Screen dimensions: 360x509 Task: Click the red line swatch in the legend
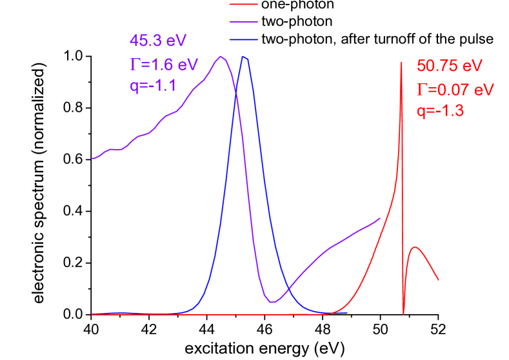tap(244, 5)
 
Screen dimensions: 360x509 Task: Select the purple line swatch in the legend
tap(244, 22)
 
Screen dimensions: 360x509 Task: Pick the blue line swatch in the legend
tap(244, 40)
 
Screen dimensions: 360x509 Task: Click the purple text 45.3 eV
tap(158, 41)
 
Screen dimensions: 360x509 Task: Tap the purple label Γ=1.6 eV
tap(161, 64)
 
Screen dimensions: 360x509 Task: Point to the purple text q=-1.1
tap(153, 86)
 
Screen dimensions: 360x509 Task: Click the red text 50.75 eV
tap(449, 66)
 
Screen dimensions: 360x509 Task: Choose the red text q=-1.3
tap(441, 111)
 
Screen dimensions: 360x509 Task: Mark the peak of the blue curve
tap(245, 57)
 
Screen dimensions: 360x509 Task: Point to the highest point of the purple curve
tap(221, 57)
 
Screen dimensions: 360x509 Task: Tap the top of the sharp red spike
tap(401, 62)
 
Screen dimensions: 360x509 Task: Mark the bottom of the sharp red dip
tap(403, 314)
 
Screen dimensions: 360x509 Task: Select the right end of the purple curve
tap(379, 218)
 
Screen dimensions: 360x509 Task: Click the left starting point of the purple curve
tap(92, 158)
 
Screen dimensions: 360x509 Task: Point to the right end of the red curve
tap(438, 280)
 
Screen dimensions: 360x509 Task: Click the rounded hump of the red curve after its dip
tap(415, 247)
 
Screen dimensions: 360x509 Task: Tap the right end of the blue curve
tap(347, 312)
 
